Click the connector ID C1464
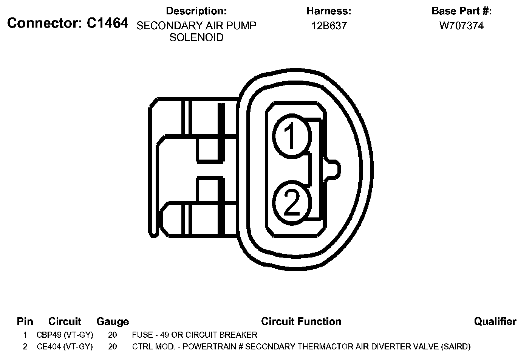point(108,23)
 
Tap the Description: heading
point(196,11)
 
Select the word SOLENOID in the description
point(196,37)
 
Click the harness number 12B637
point(329,26)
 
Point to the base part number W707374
point(461,26)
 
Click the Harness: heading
point(329,11)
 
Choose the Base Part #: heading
point(461,11)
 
